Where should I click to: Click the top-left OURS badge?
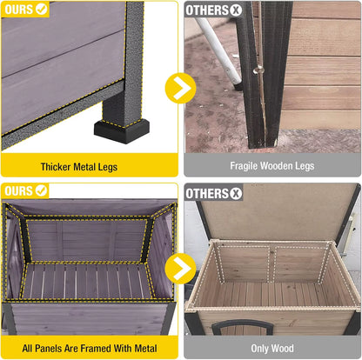coord(21,10)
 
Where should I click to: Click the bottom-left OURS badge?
coord(21,190)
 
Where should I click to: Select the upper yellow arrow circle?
coord(180,87)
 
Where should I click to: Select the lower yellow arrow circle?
coord(180,267)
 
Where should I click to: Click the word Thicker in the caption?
coord(59,166)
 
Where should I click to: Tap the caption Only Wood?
coord(271,347)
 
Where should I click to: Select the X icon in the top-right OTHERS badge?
coord(235,10)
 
